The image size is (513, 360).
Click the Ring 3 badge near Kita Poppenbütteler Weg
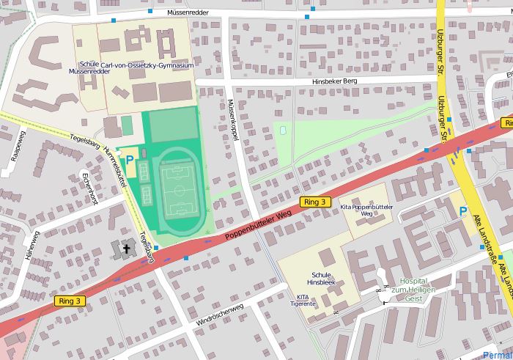coord(316,202)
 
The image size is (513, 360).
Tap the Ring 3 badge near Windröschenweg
coord(70,301)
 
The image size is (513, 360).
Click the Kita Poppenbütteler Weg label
coord(367,212)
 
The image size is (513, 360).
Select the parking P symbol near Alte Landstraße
coord(463,212)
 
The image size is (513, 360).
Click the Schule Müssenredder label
coord(84,68)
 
